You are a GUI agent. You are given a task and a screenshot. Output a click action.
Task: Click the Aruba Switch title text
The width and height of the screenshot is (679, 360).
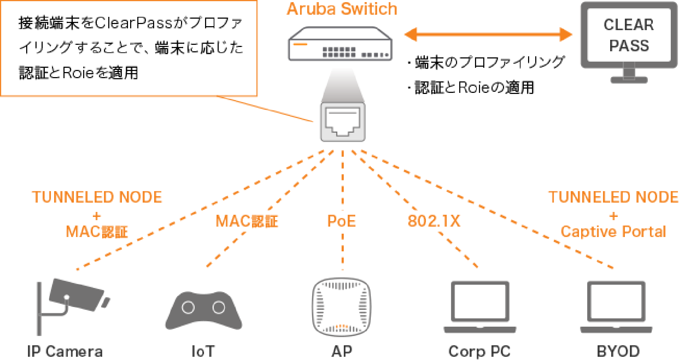(342, 9)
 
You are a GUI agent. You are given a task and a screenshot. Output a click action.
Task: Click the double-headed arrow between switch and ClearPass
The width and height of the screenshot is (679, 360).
(488, 35)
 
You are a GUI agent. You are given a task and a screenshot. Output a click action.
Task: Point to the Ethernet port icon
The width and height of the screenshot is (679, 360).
(342, 122)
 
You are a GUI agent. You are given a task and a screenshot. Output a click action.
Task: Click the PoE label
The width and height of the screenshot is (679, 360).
(342, 221)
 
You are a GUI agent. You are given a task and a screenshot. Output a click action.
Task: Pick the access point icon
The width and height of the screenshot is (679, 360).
(342, 307)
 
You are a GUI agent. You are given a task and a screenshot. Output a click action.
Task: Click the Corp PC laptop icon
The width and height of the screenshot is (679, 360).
(480, 307)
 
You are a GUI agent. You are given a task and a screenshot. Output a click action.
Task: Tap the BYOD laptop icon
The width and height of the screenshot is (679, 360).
(616, 307)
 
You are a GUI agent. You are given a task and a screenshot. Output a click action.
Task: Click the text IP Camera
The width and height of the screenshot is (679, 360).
(65, 352)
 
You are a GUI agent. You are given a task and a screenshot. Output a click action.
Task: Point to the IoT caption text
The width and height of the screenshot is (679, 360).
(203, 352)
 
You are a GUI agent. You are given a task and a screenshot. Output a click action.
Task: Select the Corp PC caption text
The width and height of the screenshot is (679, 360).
(479, 352)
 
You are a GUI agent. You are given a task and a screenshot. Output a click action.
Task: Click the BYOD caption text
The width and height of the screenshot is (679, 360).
(618, 352)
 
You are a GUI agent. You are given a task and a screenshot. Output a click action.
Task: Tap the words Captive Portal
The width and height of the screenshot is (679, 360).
(613, 232)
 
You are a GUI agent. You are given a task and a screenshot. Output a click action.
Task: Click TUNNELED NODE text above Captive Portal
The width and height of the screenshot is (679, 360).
(613, 197)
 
